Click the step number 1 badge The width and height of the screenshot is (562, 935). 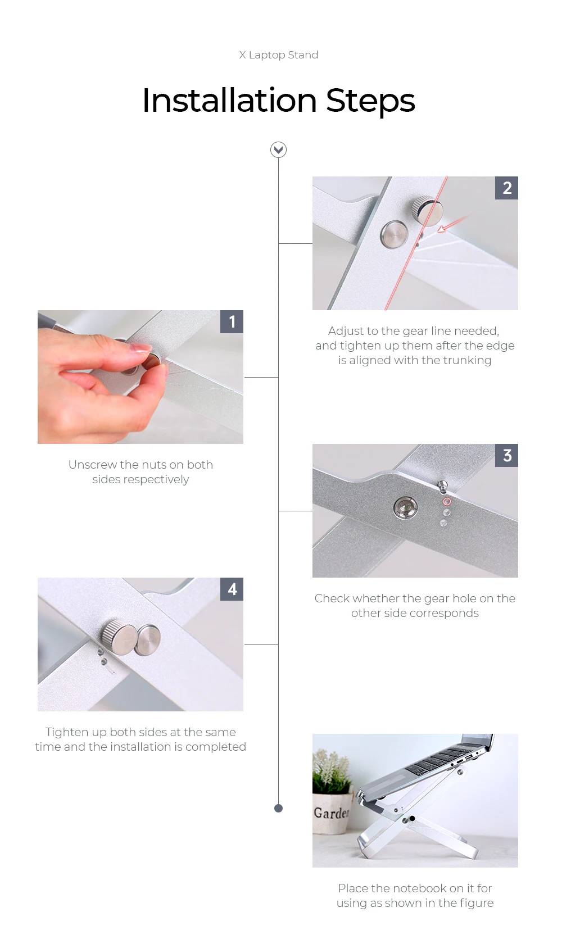tap(232, 321)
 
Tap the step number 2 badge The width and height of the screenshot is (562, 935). tap(506, 188)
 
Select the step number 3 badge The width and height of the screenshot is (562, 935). tap(506, 455)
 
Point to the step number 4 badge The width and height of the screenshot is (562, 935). tap(232, 589)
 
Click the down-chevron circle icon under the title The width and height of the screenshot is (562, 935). tap(279, 150)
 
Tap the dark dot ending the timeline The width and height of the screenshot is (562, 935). tap(279, 808)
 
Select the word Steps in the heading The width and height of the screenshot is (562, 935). tap(370, 102)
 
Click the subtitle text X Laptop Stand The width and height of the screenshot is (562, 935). tap(279, 55)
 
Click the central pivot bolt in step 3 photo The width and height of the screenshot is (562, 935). tap(405, 507)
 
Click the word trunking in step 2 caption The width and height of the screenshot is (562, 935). tap(467, 360)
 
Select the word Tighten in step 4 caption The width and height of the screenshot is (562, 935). tap(67, 733)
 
